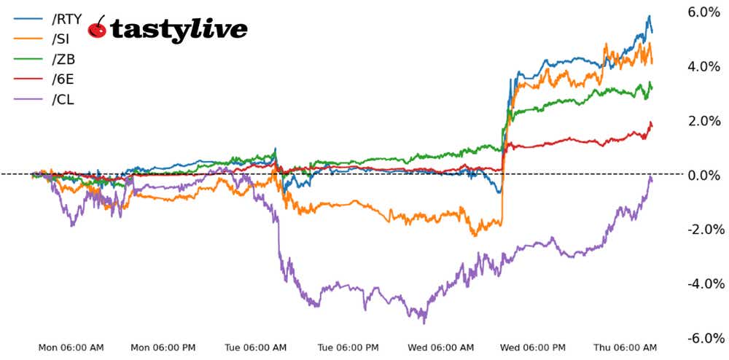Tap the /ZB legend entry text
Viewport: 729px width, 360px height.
63,59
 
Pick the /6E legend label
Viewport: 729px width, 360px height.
62,79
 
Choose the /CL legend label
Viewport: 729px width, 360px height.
63,99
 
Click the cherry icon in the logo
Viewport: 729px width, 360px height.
98,28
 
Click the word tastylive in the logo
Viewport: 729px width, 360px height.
179,30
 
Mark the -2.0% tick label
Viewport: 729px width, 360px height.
704,230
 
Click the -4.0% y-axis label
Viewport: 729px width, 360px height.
704,283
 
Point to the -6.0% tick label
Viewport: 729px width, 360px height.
704,338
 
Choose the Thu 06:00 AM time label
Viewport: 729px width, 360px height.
625,348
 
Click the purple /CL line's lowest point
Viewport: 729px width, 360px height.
424,323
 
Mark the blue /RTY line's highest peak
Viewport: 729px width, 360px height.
649,16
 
